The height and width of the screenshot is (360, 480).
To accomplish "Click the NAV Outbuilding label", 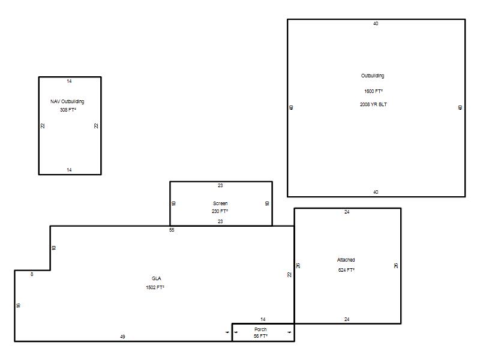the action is (67, 101).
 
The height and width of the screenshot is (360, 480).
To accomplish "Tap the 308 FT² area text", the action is (68, 110).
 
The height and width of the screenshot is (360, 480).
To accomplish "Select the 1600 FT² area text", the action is (373, 91).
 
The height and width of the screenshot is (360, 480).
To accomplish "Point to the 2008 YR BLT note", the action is (373, 104).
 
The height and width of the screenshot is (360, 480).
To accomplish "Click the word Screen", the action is (220, 203).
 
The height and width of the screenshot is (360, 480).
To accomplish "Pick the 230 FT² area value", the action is (220, 211).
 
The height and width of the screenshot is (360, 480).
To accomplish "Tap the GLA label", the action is (157, 278).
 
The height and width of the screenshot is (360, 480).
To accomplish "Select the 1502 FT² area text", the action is (155, 287).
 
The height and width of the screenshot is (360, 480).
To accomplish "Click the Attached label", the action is (346, 260).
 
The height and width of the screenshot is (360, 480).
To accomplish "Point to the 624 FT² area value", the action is (346, 270).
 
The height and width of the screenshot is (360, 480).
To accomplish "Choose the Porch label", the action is (260, 329).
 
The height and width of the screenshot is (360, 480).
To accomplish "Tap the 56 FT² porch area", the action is (260, 336).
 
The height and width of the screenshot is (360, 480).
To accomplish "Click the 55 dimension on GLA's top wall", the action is (172, 230).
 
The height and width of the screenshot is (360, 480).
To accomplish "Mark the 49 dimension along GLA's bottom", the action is (122, 337).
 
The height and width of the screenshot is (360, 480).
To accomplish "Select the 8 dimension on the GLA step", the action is (32, 274).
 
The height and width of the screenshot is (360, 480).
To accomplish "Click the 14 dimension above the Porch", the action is (263, 319).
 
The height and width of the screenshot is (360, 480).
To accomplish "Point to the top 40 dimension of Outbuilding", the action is (376, 23).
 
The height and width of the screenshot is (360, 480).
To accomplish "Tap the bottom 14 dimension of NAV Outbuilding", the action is (69, 170).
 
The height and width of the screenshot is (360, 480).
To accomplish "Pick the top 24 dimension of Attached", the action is (347, 212).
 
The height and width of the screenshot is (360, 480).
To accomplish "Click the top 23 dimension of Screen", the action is (220, 185).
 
